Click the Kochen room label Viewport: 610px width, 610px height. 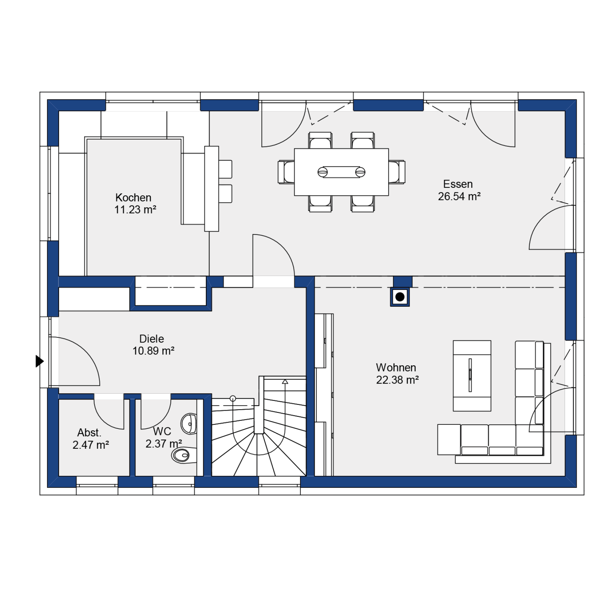click(x=133, y=198)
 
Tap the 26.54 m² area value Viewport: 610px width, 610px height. click(x=459, y=196)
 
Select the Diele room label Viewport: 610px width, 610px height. click(x=152, y=339)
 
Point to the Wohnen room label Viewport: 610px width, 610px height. click(x=396, y=368)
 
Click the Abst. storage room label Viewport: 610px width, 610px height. click(x=89, y=433)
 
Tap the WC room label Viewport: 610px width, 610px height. click(x=162, y=431)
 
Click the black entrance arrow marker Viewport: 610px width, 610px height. click(x=40, y=361)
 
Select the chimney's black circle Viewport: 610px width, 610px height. click(x=400, y=297)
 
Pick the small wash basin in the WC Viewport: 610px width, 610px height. click(x=188, y=423)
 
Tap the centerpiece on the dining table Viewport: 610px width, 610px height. click(x=341, y=172)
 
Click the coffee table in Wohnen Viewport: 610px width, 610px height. click(x=472, y=375)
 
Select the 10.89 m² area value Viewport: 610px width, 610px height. click(x=153, y=351)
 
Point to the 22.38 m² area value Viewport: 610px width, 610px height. click(x=397, y=380)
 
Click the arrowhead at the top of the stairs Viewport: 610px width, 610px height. click(x=285, y=381)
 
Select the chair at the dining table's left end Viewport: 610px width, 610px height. click(x=286, y=172)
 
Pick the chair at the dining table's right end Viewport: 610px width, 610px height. click(x=397, y=172)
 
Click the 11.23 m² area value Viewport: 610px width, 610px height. click(x=135, y=210)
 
